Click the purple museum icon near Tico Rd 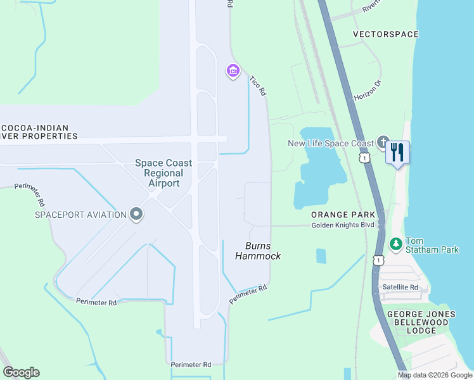[233, 71]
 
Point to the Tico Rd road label [257, 86]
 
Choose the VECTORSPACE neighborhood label [385, 34]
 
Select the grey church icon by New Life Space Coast [383, 142]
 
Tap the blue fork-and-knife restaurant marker [397, 153]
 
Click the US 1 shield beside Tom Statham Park [379, 260]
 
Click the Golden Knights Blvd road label [343, 225]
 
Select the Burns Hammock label [258, 251]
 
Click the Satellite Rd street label [400, 287]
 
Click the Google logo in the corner [21, 372]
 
